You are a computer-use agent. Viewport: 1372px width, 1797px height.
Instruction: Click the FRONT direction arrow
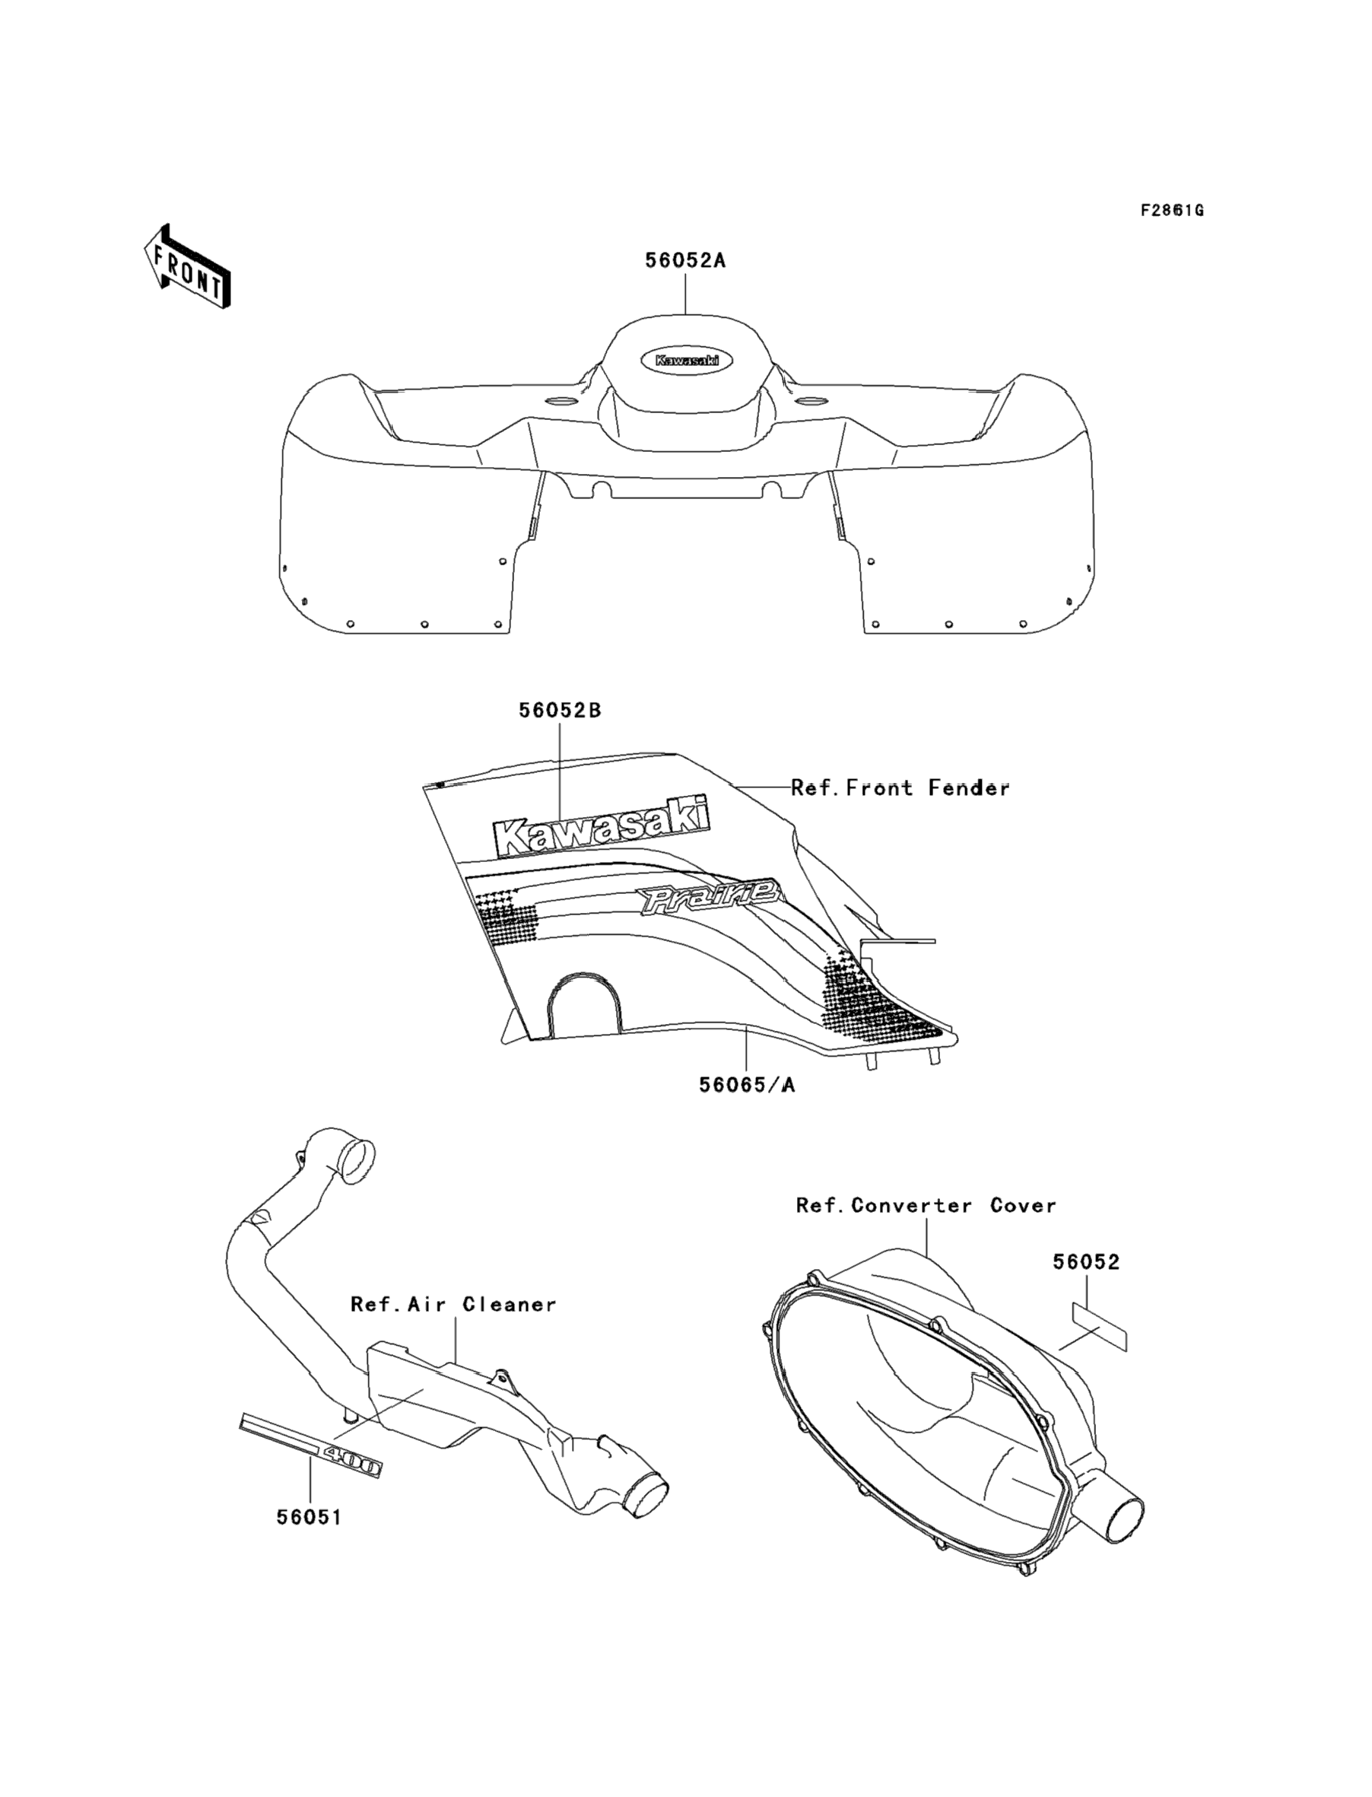point(187,267)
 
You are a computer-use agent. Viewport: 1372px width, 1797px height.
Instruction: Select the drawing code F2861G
point(1172,211)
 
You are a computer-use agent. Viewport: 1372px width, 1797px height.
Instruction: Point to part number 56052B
point(560,711)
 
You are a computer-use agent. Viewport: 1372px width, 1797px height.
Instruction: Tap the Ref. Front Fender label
point(900,788)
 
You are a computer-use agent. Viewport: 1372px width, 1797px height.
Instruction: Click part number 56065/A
point(746,1085)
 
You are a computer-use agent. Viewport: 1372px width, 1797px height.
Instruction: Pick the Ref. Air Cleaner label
point(453,1305)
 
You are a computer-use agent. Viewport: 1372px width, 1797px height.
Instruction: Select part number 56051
point(309,1517)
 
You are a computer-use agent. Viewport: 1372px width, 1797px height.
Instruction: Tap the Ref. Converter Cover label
point(926,1206)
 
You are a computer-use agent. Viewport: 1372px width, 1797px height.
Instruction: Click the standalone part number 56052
point(1085,1262)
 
